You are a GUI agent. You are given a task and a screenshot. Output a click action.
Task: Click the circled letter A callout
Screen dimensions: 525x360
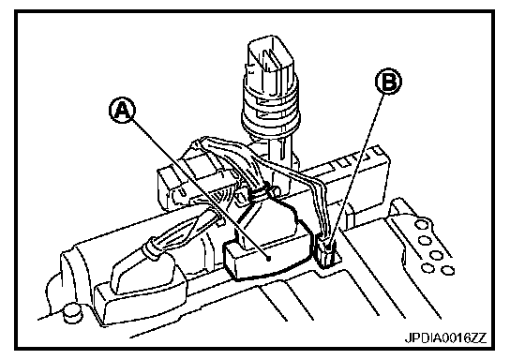[x=123, y=110]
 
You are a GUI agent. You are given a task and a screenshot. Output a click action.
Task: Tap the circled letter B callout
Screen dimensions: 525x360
[x=388, y=82]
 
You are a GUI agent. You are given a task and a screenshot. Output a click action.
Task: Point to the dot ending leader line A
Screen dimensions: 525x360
[x=268, y=258]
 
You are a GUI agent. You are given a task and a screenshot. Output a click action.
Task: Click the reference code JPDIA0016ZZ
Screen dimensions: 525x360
[x=445, y=337]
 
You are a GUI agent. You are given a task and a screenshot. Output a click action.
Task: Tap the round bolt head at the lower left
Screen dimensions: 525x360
[x=72, y=312]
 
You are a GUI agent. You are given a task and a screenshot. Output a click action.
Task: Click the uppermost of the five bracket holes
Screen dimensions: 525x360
[x=421, y=224]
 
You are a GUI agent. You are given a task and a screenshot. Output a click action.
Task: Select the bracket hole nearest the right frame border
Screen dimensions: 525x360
[x=447, y=270]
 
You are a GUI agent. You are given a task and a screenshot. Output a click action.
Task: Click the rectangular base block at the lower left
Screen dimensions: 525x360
[x=141, y=301]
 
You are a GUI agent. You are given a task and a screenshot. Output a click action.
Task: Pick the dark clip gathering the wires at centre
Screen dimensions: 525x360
[x=262, y=192]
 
